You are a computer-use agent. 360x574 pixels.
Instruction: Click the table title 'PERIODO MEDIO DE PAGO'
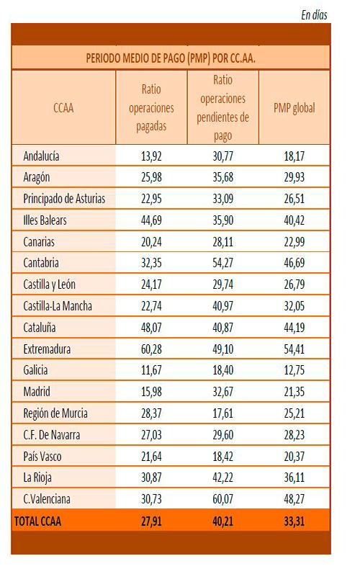(x=136, y=58)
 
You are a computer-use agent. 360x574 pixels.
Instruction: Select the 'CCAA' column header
(x=63, y=108)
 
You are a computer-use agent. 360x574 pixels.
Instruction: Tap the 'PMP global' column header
(x=294, y=108)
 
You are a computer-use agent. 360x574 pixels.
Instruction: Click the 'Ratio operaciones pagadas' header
(x=151, y=107)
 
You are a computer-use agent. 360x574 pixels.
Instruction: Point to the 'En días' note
(x=314, y=15)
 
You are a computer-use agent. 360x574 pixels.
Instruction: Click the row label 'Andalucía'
(x=41, y=156)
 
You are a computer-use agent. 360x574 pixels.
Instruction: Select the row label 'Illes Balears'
(x=45, y=220)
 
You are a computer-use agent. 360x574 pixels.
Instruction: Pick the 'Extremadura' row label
(x=47, y=349)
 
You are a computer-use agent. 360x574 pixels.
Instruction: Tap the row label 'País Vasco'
(x=42, y=457)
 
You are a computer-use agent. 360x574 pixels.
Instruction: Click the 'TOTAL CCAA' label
(x=37, y=521)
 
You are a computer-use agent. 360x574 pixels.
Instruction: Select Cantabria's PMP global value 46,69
(x=294, y=263)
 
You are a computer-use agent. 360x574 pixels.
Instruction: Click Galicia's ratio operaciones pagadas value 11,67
(x=151, y=370)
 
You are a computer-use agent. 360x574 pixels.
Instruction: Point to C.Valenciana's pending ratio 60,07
(x=222, y=499)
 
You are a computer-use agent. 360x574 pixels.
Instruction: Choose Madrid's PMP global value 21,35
(x=294, y=392)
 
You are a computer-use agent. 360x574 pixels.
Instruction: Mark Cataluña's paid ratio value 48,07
(x=151, y=328)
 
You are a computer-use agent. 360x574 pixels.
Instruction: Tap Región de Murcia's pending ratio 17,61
(x=222, y=413)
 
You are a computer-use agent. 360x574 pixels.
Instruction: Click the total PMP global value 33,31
(x=294, y=521)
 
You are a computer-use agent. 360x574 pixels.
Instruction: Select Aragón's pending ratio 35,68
(x=222, y=177)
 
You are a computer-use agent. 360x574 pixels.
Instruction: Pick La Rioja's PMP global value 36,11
(x=294, y=477)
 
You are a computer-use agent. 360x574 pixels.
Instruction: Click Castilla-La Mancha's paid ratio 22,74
(x=151, y=306)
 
